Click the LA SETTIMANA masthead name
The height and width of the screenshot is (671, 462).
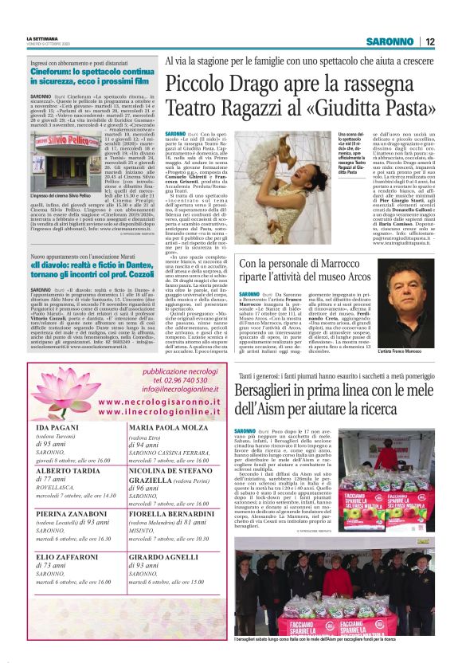click(42, 38)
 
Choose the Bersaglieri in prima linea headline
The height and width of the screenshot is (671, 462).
click(337, 398)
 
